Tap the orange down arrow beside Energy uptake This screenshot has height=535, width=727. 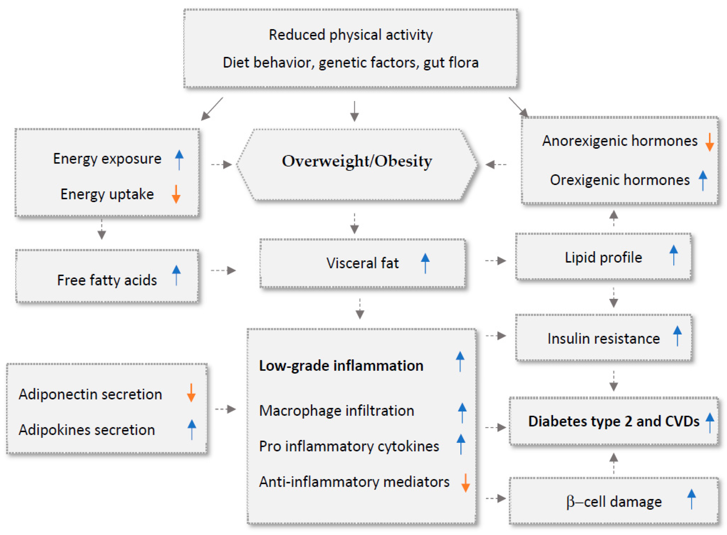(x=176, y=194)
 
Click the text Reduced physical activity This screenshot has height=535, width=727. (x=351, y=35)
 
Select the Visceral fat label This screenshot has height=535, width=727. (x=362, y=263)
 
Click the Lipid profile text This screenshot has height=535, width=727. (x=603, y=258)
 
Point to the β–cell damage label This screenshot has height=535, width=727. (x=614, y=502)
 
